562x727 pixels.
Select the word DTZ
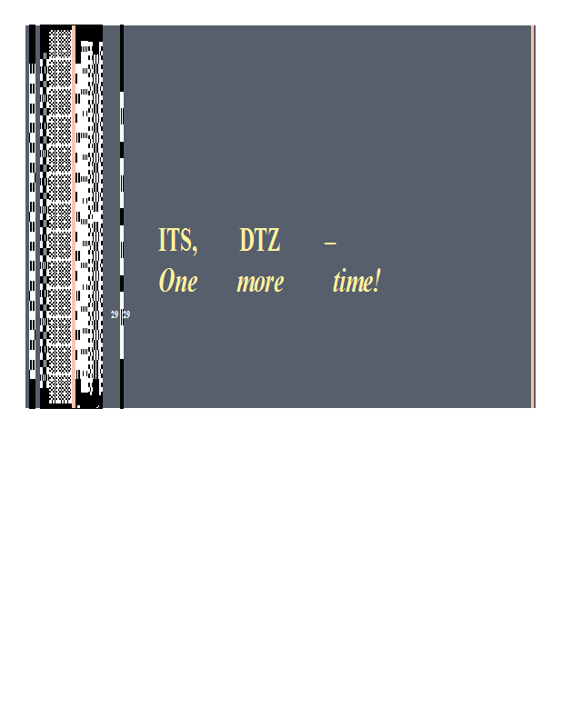(260, 239)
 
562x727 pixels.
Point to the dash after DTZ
(330, 242)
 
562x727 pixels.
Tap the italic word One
(178, 281)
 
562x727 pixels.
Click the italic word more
(260, 283)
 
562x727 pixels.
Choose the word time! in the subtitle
(356, 281)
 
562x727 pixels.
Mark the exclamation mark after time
(376, 281)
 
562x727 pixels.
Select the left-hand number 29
(115, 314)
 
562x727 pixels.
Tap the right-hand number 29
(126, 314)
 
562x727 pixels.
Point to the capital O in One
(166, 281)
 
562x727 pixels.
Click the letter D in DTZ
(246, 239)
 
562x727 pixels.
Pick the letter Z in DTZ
(274, 239)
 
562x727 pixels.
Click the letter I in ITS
(162, 239)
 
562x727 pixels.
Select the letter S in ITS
(186, 239)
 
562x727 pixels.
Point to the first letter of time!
(336, 282)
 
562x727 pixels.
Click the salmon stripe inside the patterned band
(74, 216)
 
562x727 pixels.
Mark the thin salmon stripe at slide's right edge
(532, 216)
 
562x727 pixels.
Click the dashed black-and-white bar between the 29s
(122, 216)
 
